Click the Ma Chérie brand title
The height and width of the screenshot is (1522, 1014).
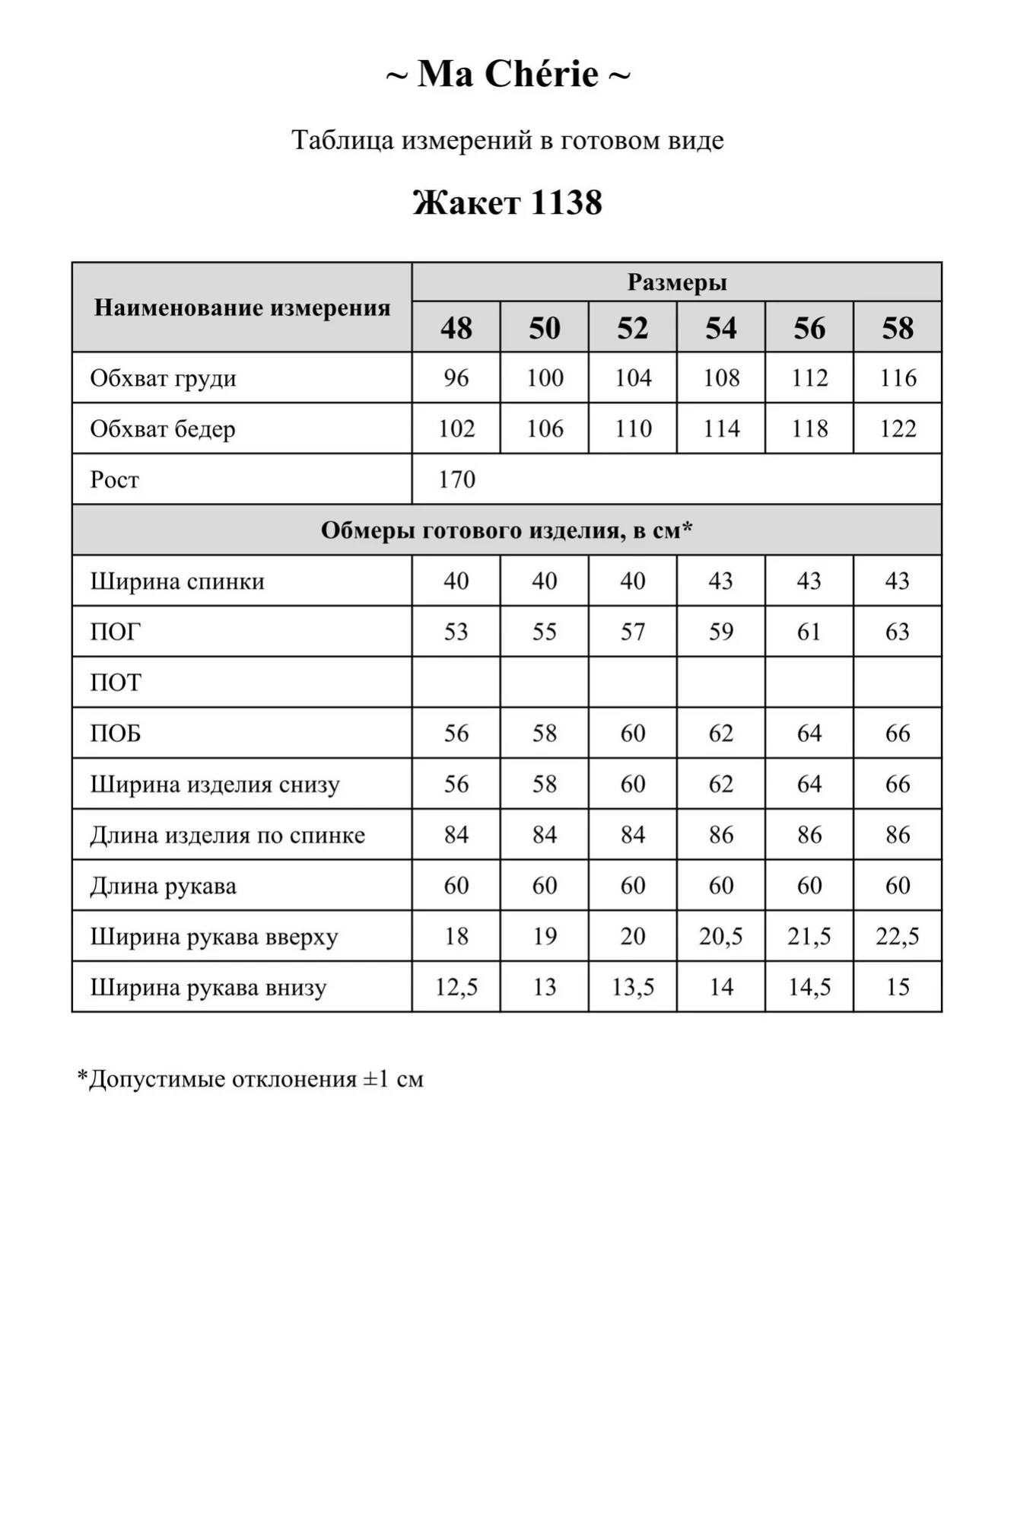pos(507,75)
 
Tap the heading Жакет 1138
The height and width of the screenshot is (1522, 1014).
pos(507,202)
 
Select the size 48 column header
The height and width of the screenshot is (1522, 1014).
pos(456,328)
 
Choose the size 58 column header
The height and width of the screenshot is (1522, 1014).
pos(898,328)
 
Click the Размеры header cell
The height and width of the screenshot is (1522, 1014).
pos(676,282)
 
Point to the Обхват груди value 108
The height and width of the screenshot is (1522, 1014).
pos(721,377)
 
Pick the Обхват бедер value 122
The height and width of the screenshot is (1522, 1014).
pos(898,428)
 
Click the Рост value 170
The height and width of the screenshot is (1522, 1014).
pos(456,479)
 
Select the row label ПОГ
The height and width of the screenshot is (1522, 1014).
pos(116,632)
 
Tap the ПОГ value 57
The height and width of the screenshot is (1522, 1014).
pos(633,632)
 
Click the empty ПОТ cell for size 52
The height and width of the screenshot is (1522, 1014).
pos(633,682)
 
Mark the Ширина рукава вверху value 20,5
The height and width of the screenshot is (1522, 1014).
pos(721,936)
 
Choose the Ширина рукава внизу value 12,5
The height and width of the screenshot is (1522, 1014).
pos(456,987)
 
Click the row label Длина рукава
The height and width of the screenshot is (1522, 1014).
pos(163,886)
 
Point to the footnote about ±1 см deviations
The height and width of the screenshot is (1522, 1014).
pos(250,1079)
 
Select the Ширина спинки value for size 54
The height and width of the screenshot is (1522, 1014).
pos(721,581)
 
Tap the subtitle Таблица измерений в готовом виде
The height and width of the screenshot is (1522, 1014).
pos(507,140)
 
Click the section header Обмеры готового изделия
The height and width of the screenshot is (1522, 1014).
pos(507,530)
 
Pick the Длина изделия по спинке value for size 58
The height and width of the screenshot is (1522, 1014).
pos(898,835)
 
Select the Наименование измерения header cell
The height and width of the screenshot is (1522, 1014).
pos(242,307)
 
